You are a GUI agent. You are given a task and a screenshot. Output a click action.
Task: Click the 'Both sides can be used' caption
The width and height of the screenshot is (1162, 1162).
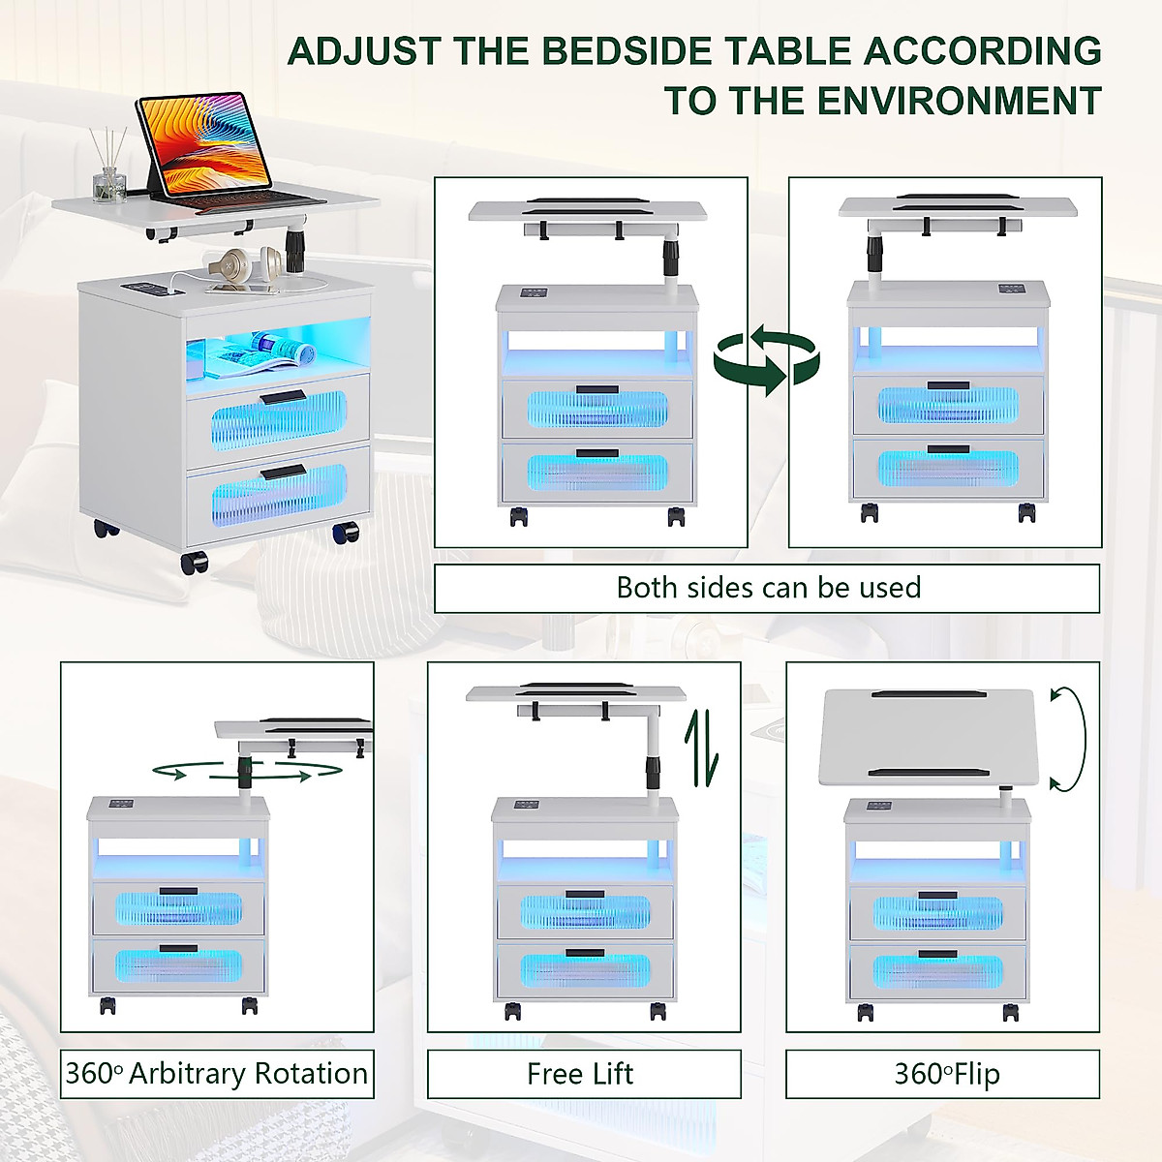coord(768,588)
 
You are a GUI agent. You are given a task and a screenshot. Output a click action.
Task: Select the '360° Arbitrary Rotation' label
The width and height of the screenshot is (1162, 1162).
coord(217,1074)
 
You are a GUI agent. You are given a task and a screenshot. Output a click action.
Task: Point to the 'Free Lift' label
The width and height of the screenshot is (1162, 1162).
coord(580,1074)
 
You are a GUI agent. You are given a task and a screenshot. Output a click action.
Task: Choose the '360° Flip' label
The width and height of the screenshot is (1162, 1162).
coord(947,1074)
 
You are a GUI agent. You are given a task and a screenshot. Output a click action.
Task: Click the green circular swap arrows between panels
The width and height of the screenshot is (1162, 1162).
coord(767,361)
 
